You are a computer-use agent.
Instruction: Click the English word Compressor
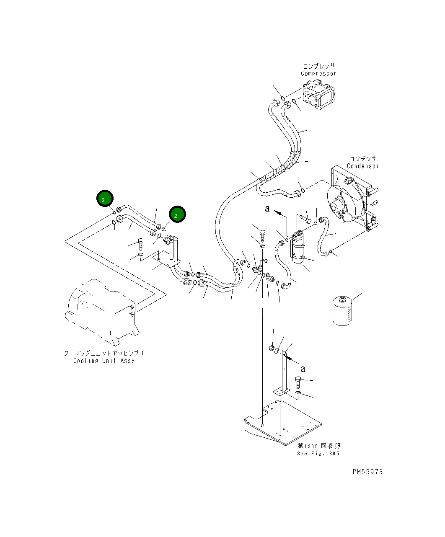coord(318,74)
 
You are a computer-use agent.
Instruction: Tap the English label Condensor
coord(362,166)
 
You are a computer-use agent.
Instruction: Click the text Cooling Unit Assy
coord(104,361)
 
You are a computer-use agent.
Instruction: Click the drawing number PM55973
coord(367,472)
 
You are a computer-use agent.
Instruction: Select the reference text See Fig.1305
coord(318,454)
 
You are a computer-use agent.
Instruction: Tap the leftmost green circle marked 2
coord(104,199)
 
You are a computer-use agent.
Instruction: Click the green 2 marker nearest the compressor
coord(177,214)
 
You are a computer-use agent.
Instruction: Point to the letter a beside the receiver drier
coord(267,208)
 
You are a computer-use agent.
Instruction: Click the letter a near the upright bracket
coord(303,368)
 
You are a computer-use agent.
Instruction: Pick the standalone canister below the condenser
coord(342,310)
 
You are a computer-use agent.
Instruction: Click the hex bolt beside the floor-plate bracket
coord(298,381)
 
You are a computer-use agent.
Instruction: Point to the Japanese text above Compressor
coord(318,66)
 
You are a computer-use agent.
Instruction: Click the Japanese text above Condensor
coord(363,159)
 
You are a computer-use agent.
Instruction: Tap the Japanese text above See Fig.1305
coord(319,446)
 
